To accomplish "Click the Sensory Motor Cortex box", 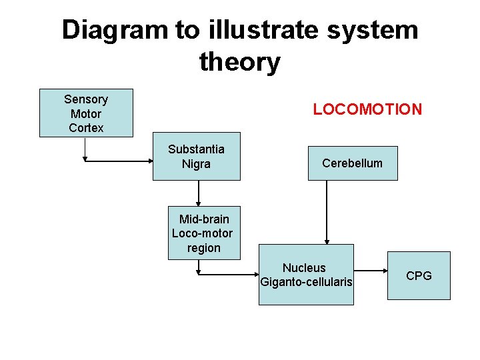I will [86, 113].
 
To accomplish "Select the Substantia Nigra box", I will [196, 157].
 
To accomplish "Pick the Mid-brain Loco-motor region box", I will [203, 233].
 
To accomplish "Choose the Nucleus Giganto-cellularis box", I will [306, 275].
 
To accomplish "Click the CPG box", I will [419, 275].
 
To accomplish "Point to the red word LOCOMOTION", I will [367, 109].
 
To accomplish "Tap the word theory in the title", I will [239, 62].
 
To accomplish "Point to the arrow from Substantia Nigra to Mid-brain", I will [199, 193].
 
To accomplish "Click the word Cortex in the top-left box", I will [86, 127].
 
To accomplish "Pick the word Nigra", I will [196, 164].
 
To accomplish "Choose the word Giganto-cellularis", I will [306, 282].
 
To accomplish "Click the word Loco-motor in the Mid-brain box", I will [203, 233].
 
